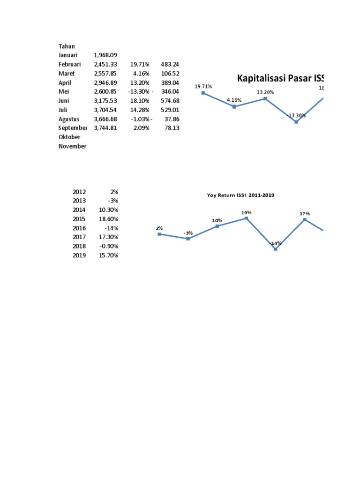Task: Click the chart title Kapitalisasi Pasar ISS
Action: tap(281, 78)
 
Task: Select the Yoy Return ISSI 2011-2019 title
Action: tap(240, 195)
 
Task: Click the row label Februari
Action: tap(70, 64)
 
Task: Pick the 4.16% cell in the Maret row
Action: tap(141, 74)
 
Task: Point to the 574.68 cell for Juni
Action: tap(170, 101)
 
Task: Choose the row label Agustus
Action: tap(69, 119)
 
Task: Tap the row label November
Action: tap(72, 146)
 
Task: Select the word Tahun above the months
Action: tap(67, 46)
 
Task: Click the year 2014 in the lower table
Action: tap(80, 210)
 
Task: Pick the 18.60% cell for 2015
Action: tap(108, 219)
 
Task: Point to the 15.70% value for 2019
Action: tap(108, 255)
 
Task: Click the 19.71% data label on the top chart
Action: tap(203, 87)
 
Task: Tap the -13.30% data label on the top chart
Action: tap(296, 115)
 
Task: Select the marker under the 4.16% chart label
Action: tap(234, 106)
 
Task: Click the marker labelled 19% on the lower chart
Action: tap(246, 218)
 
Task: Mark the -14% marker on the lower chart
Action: tap(276, 249)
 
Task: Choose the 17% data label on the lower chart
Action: tap(305, 214)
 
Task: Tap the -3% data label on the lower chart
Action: tap(188, 233)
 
